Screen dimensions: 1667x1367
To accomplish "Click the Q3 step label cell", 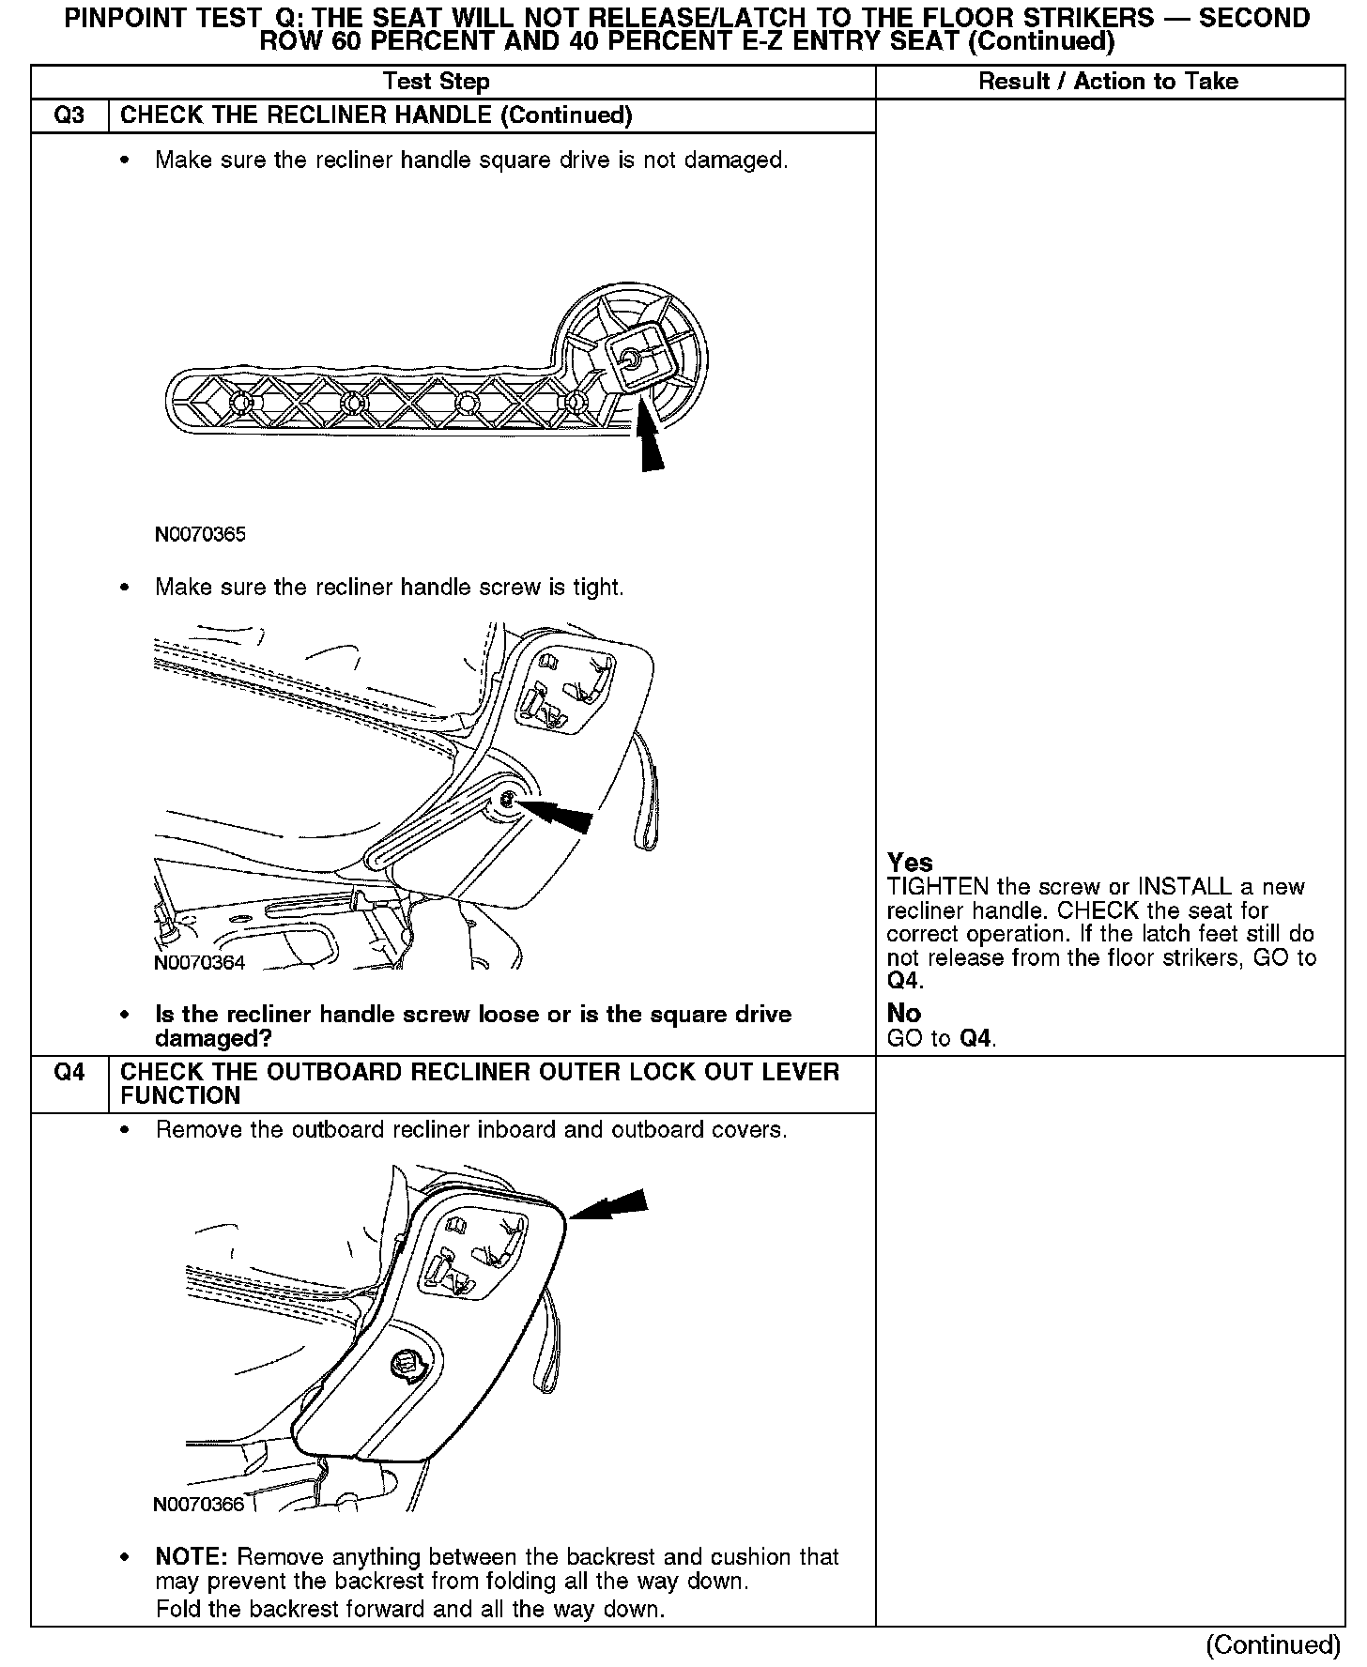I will (69, 115).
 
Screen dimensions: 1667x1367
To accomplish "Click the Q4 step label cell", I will (69, 1072).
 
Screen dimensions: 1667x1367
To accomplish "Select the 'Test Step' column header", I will (437, 82).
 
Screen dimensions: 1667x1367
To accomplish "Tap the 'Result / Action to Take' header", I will (1108, 82).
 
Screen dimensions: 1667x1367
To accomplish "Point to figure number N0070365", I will (200, 535).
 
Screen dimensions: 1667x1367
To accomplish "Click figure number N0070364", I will (200, 963).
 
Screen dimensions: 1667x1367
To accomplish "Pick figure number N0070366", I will (199, 1505).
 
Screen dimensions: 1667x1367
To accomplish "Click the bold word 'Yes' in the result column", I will (910, 863).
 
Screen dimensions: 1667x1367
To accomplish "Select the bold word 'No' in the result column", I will (904, 1014).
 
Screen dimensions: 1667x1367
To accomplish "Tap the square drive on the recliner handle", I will (632, 359).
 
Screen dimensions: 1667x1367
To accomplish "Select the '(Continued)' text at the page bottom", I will (1273, 1644).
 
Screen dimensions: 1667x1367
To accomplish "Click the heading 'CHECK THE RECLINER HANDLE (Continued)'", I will (376, 115).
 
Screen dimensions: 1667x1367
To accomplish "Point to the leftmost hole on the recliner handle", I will (239, 403).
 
